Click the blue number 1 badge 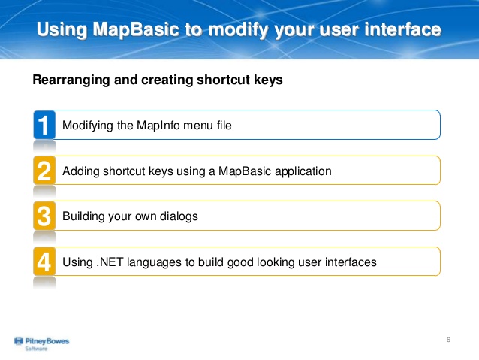click(x=44, y=125)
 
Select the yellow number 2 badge click(x=44, y=171)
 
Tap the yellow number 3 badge click(x=44, y=216)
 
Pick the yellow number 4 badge click(x=44, y=262)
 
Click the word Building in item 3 click(x=83, y=216)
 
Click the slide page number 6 click(x=447, y=341)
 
